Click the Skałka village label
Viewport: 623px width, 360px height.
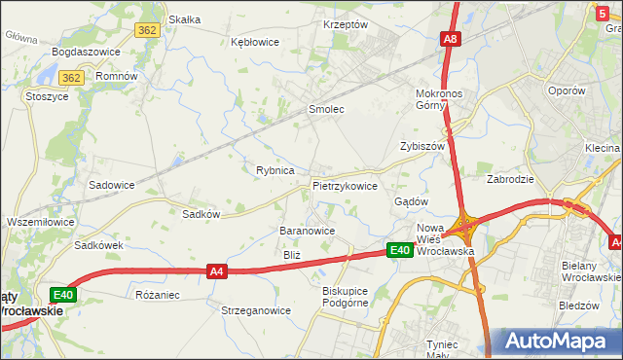click(x=184, y=18)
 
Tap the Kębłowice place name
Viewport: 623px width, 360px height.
click(x=255, y=42)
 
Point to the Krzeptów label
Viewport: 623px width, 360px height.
click(x=346, y=23)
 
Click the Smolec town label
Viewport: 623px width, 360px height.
click(x=326, y=109)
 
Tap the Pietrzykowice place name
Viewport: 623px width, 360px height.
click(x=345, y=185)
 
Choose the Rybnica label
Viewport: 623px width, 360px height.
click(x=275, y=170)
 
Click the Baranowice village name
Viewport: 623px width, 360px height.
click(x=308, y=231)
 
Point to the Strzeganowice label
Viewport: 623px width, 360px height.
click(x=256, y=310)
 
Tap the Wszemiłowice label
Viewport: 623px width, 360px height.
click(x=40, y=222)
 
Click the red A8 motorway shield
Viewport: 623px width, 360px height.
click(x=450, y=40)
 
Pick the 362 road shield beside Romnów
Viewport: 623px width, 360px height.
click(x=70, y=77)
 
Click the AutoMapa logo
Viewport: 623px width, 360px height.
click(x=558, y=342)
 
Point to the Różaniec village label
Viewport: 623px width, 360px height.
click(x=158, y=293)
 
